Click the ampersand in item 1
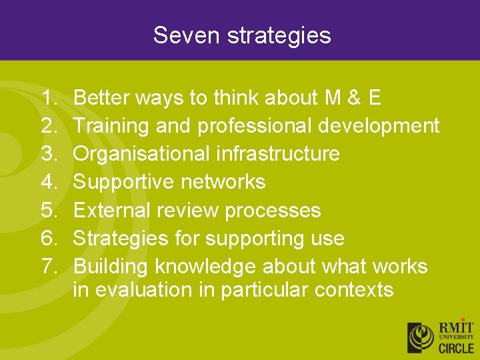(354, 98)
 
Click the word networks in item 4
(227, 182)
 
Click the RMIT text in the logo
(455, 328)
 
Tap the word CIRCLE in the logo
(455, 347)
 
